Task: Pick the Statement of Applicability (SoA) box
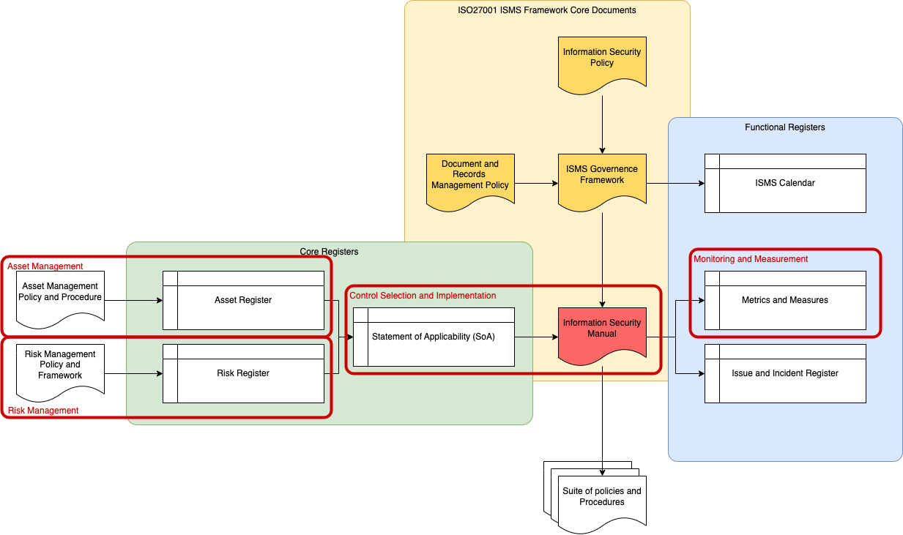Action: click(434, 337)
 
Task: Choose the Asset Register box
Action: click(243, 300)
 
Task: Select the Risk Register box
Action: click(243, 373)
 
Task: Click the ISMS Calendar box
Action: click(785, 183)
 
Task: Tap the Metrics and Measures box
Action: click(785, 300)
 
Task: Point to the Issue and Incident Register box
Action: click(785, 373)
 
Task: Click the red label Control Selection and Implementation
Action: click(423, 296)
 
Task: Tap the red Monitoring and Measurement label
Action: click(751, 259)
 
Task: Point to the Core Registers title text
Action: click(329, 252)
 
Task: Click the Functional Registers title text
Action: click(785, 127)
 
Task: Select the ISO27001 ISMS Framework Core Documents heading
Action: click(547, 10)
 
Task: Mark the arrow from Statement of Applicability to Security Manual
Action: click(536, 337)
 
